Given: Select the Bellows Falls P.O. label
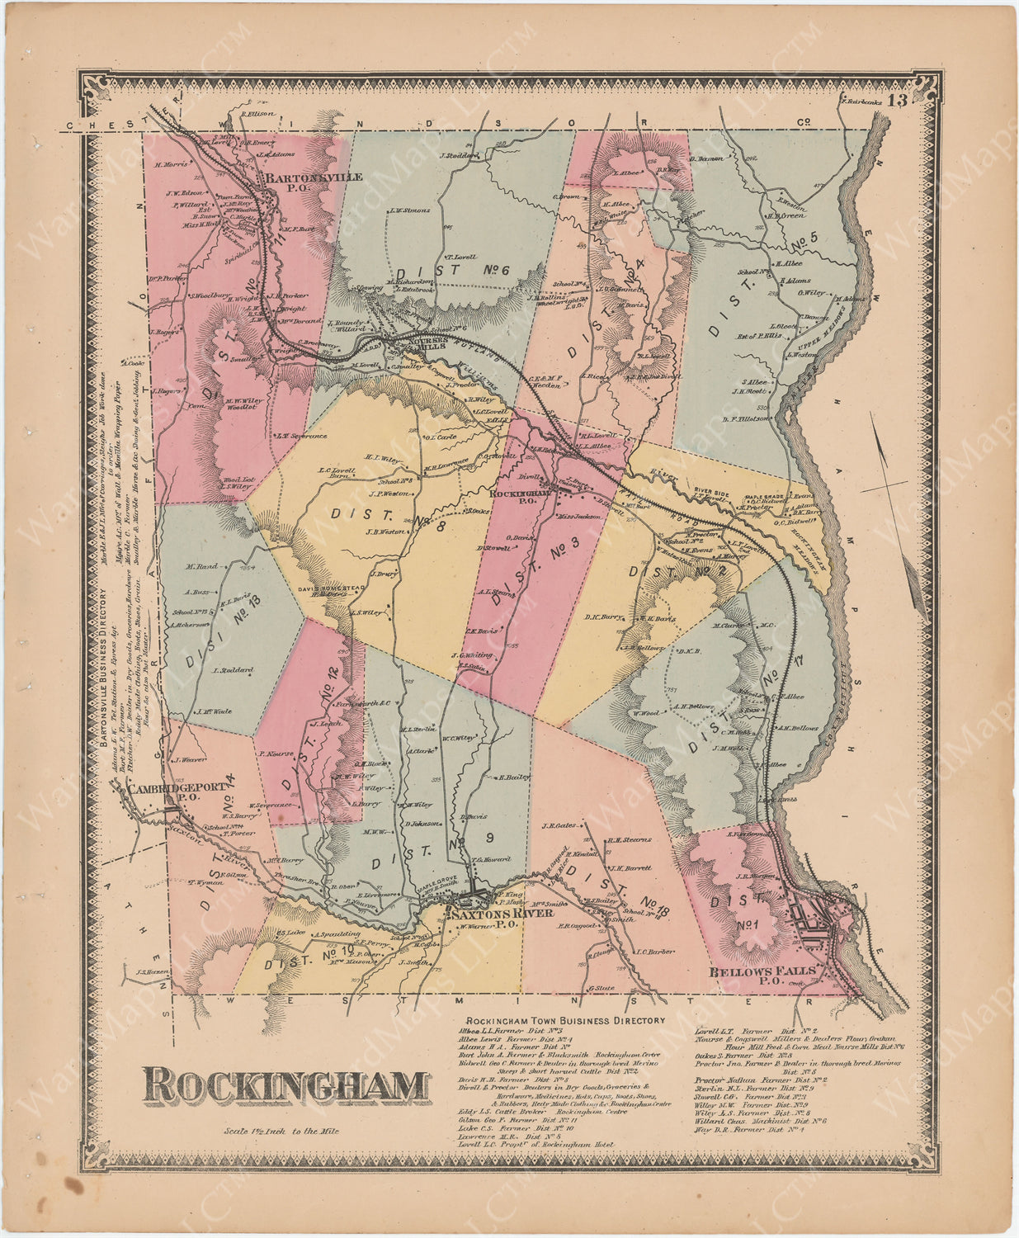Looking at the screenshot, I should tap(762, 976).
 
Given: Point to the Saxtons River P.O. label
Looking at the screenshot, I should tap(485, 919).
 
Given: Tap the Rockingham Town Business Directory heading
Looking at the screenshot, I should tap(565, 1020).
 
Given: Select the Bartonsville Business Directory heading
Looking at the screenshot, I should tap(102, 668).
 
